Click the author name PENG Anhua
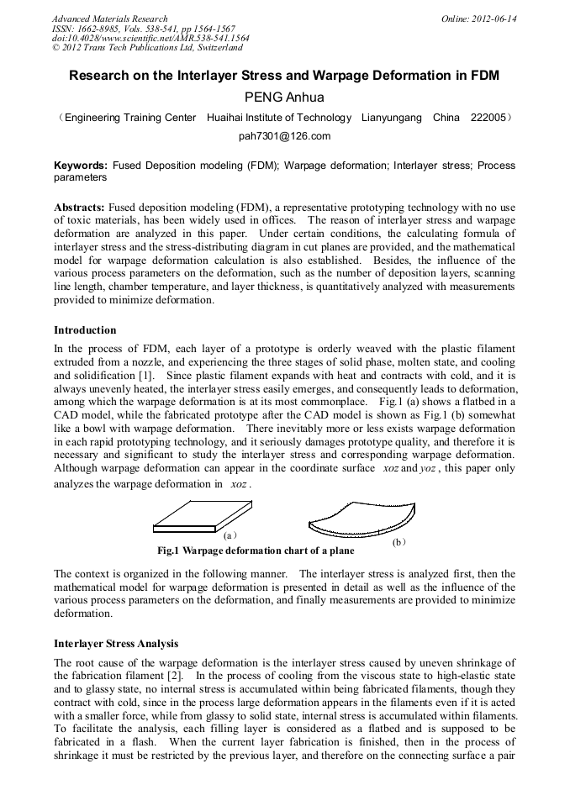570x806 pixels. (x=284, y=97)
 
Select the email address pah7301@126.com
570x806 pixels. (x=284, y=136)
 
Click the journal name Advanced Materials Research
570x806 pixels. (x=109, y=18)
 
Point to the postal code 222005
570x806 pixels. (x=488, y=118)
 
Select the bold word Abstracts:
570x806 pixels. (x=79, y=207)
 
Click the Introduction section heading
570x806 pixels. (x=85, y=330)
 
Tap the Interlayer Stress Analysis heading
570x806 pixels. (x=116, y=644)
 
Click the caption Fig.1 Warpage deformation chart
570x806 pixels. (x=256, y=551)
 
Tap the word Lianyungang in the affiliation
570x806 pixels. (x=391, y=118)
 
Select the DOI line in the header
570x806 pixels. (x=150, y=39)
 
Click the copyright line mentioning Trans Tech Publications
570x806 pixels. (x=146, y=48)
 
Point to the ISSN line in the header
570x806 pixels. (x=143, y=29)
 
